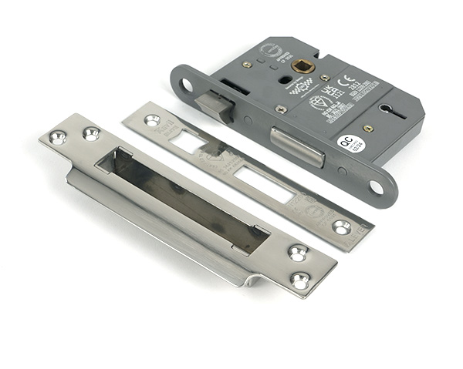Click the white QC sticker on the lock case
click(349, 143)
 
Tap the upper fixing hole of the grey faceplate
click(185, 83)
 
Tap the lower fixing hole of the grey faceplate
click(376, 186)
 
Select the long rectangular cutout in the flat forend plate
click(264, 185)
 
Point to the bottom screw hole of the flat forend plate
click(341, 226)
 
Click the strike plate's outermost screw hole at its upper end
click(57, 138)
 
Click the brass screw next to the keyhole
click(368, 128)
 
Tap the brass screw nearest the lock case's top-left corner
click(247, 65)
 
